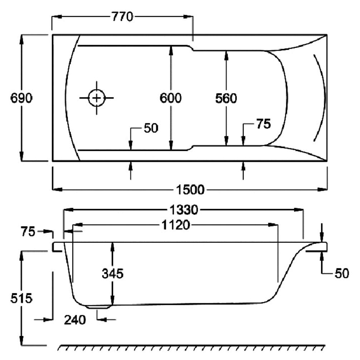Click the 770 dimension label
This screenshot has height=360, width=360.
[x=122, y=17]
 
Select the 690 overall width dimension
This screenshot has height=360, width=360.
[x=21, y=98]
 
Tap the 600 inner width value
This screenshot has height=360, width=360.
[x=171, y=98]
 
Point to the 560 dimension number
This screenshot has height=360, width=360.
[x=226, y=98]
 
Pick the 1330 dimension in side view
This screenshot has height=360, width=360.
[x=184, y=210]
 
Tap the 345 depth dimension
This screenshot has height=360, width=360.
[x=112, y=273]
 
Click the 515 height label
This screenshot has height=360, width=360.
[x=21, y=298]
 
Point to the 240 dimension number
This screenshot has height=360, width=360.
[x=75, y=320]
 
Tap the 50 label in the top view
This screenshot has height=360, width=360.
[x=151, y=128]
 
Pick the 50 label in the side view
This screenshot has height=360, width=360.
[x=341, y=273]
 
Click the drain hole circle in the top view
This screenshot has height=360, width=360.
[x=96, y=98]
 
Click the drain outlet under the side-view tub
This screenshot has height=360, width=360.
[x=99, y=307]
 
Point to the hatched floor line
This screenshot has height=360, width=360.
[x=192, y=348]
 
